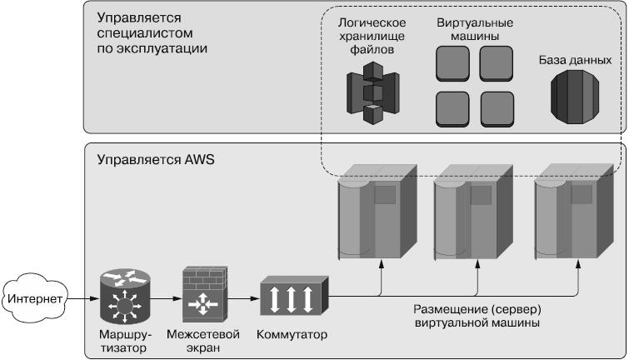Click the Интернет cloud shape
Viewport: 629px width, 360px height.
(32, 296)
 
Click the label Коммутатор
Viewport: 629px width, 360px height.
(292, 335)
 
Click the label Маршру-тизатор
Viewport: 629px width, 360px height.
(122, 341)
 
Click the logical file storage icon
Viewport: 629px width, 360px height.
(370, 92)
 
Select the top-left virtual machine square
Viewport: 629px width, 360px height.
(452, 62)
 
